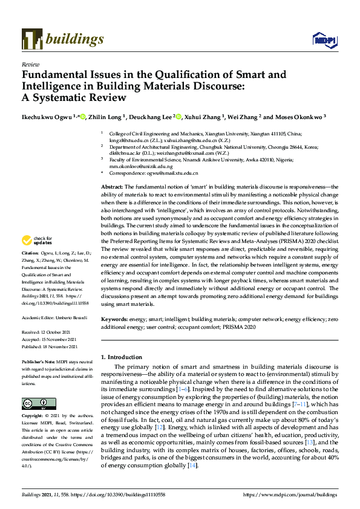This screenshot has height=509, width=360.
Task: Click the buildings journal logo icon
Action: pos(31,39)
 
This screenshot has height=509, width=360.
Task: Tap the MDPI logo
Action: pos(324,39)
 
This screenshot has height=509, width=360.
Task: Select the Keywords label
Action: pos(114,318)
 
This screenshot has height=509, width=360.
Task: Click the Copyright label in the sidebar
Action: pos(32,400)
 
